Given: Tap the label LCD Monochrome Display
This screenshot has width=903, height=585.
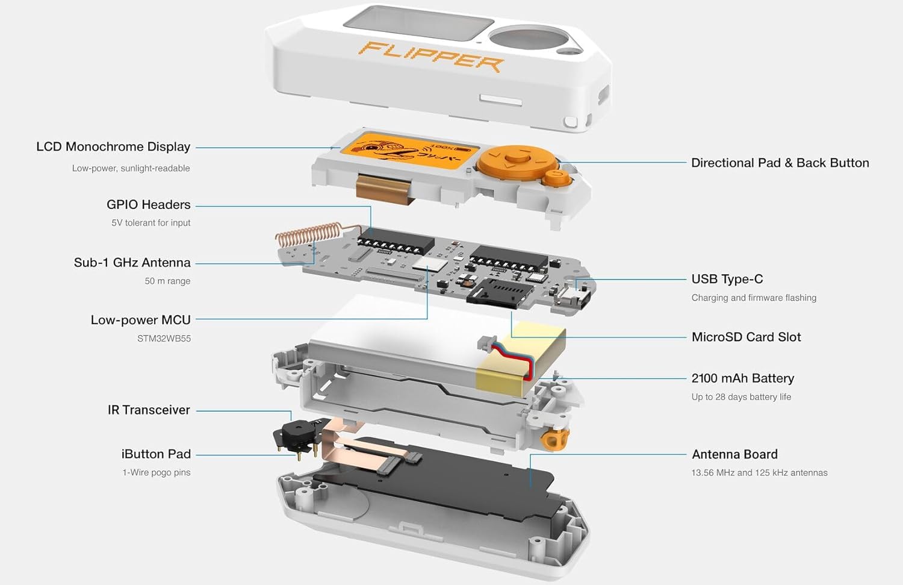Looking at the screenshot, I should [113, 146].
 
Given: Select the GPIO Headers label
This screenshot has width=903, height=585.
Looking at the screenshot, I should [148, 204].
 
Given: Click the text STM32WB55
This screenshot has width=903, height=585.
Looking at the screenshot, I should [164, 339].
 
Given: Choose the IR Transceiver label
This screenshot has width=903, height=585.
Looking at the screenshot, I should [149, 410].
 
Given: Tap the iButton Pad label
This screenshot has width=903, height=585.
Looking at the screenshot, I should [156, 454].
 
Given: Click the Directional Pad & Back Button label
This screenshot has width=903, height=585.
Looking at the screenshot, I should [780, 163].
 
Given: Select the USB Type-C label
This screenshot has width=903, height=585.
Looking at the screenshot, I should [727, 279].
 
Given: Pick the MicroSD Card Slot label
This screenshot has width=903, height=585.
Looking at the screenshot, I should [746, 337].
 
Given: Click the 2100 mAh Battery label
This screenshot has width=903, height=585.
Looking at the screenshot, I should [742, 378].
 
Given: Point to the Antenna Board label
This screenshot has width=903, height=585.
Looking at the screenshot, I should [734, 454].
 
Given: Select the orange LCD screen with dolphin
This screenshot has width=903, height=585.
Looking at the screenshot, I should [409, 151].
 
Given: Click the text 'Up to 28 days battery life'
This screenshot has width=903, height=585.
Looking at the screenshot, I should [741, 397].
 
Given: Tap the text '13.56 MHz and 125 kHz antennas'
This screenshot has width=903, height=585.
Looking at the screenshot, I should [759, 473].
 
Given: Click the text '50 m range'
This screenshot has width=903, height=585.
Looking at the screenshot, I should [167, 281].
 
